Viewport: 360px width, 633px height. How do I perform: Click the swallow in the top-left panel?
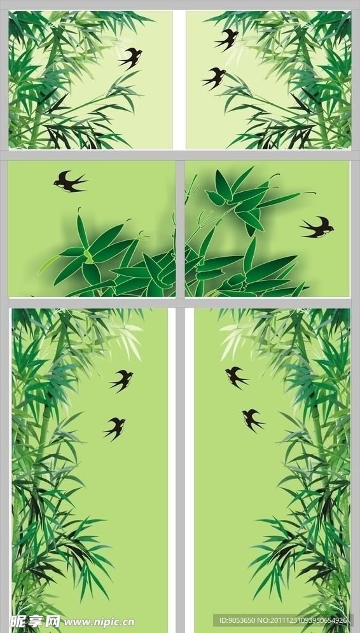[x=130, y=58]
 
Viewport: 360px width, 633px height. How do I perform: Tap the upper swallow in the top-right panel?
[x=226, y=39]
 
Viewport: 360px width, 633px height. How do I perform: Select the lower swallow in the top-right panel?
[x=215, y=78]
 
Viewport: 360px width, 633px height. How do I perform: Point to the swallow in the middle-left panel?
[x=69, y=182]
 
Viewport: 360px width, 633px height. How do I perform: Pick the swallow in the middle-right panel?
[x=318, y=227]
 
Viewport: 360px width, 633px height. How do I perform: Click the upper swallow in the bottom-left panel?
[x=121, y=380]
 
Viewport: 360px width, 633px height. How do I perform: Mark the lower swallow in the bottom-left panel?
[x=114, y=428]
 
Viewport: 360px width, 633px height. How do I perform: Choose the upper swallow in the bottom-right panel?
[x=236, y=377]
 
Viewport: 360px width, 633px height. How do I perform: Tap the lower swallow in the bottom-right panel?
[x=253, y=419]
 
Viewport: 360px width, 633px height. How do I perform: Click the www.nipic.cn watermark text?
[x=99, y=622]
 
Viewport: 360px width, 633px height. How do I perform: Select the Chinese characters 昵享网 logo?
[x=31, y=621]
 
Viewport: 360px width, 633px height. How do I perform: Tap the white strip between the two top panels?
[x=179, y=79]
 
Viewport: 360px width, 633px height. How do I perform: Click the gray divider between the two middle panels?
[x=180, y=229]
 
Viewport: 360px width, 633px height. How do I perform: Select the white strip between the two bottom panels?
[x=181, y=470]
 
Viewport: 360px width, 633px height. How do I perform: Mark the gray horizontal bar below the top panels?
[x=180, y=154]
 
